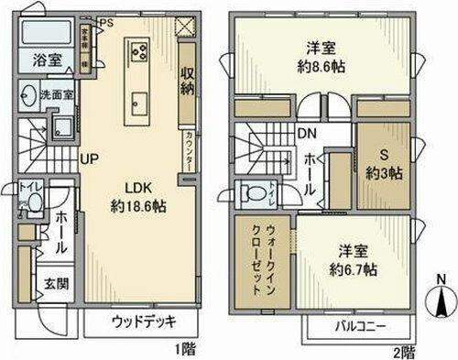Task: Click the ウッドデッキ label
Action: click(144, 322)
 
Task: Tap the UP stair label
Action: click(89, 158)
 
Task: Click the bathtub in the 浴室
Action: click(47, 38)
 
